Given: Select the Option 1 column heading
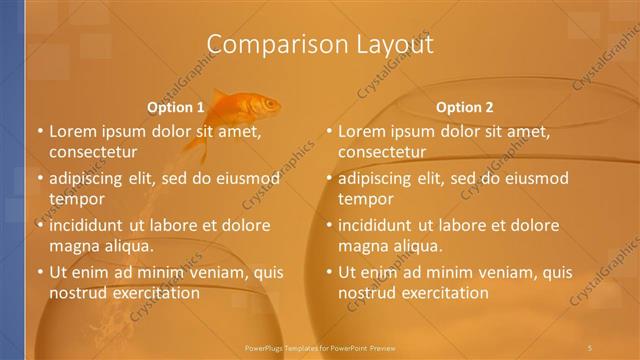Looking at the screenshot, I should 176,107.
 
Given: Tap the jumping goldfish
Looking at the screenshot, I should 250,106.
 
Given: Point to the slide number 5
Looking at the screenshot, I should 590,347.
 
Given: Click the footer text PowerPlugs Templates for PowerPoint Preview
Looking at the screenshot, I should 320,347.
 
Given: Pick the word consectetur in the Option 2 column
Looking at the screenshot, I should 382,152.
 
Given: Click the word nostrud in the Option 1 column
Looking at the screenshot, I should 77,293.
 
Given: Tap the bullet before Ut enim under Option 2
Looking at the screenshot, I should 329,271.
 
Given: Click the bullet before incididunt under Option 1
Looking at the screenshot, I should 40,224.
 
